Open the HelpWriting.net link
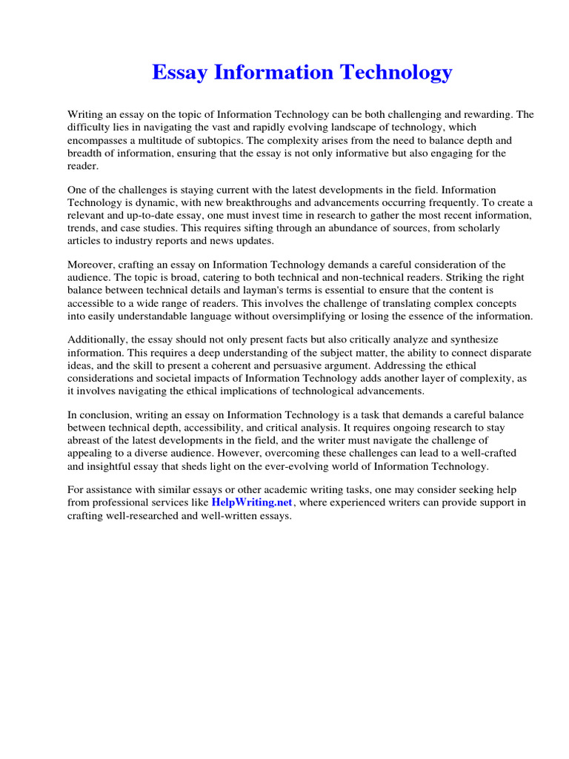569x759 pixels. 253,503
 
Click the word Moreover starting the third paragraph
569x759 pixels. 91,265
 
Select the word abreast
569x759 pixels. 85,441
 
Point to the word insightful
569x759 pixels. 121,466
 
